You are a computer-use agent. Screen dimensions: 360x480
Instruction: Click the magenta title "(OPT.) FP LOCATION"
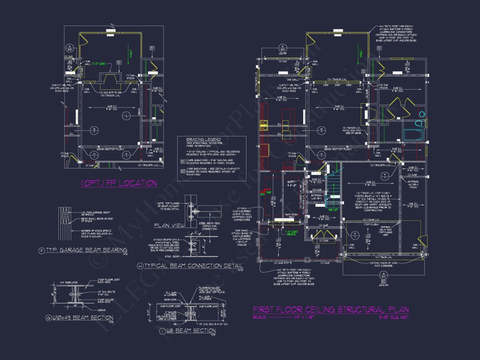(x=119, y=183)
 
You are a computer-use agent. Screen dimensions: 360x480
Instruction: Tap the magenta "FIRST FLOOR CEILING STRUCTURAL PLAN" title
(x=331, y=310)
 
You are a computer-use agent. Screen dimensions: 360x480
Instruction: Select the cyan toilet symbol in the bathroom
(x=421, y=116)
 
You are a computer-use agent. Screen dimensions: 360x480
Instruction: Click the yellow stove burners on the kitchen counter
(x=264, y=124)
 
